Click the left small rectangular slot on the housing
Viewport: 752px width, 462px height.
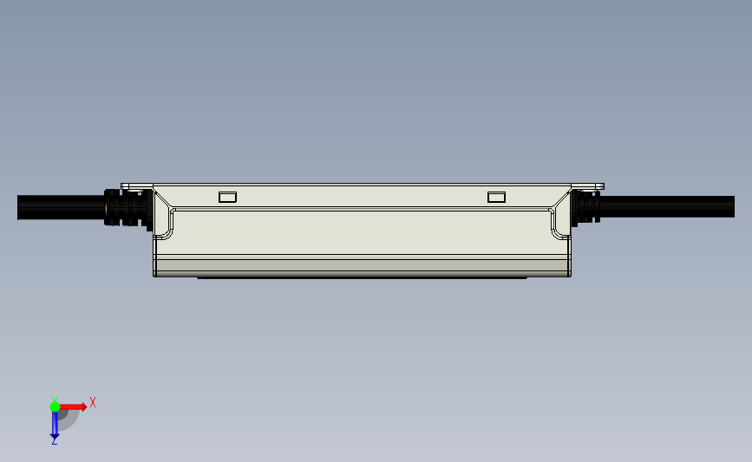(x=227, y=197)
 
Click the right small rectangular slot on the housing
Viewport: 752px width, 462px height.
(x=496, y=197)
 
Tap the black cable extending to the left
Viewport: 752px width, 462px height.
(x=61, y=207)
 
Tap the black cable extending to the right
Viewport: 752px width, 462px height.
(x=667, y=206)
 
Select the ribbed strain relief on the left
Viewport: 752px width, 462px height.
(x=128, y=208)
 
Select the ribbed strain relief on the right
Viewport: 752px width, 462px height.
(x=585, y=207)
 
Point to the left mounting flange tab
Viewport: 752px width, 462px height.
(x=137, y=186)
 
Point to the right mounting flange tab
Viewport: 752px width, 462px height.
(x=587, y=186)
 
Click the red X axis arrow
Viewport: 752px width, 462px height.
(x=73, y=407)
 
